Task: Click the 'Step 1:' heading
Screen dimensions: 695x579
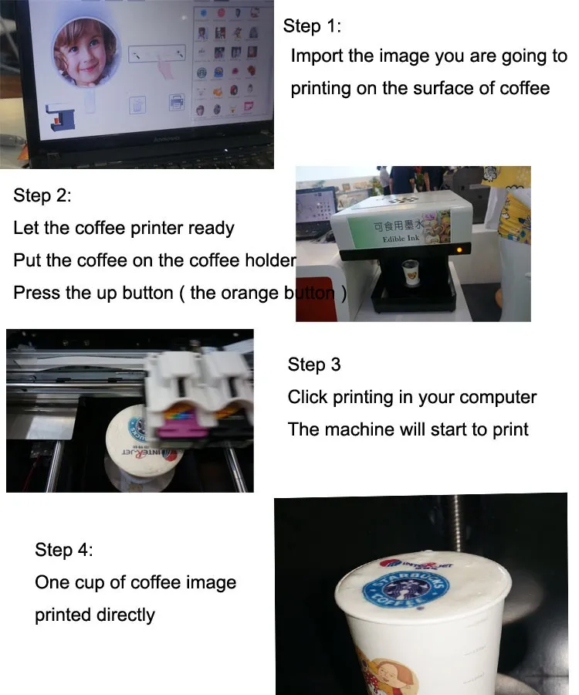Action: pyautogui.click(x=312, y=25)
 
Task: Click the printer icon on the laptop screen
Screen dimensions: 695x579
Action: pyautogui.click(x=176, y=102)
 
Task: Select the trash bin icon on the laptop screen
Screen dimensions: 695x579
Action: pyautogui.click(x=136, y=104)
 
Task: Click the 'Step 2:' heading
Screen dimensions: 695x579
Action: pyautogui.click(x=42, y=195)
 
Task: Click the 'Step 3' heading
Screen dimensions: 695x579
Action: pyautogui.click(x=314, y=364)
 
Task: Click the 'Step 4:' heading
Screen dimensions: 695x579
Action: pyautogui.click(x=63, y=550)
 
